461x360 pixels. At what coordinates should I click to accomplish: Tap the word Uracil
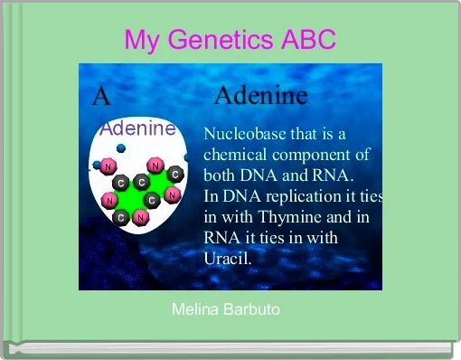pos(230,257)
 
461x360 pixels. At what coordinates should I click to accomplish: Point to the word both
pos(220,175)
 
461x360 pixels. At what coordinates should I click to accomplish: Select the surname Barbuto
pos(251,310)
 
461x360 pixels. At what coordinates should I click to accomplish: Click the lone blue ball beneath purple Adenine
pos(121,148)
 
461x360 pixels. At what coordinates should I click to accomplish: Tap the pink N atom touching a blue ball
pos(108,167)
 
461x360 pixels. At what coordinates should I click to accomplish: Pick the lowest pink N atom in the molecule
pos(140,217)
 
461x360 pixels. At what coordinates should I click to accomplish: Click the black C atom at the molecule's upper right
pos(174,173)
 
